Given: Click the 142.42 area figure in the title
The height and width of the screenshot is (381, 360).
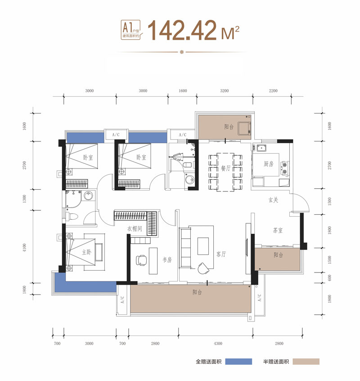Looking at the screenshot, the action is (x=182, y=30).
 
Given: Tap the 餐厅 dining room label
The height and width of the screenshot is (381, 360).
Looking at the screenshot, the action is (x=225, y=168).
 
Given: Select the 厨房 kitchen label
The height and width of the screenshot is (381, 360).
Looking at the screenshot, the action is (x=269, y=164).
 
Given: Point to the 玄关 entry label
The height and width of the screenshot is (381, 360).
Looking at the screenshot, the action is (x=273, y=200).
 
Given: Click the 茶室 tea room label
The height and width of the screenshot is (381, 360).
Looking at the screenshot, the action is (x=278, y=230).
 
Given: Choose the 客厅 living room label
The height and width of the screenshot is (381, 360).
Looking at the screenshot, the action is (x=221, y=254).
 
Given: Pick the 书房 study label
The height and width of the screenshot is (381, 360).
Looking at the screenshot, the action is (x=167, y=260).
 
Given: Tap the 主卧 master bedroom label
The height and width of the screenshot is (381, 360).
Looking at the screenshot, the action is (x=86, y=252).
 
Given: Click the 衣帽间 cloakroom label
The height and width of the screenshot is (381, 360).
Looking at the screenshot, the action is (x=135, y=229).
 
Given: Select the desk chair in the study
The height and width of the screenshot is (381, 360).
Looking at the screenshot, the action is (x=141, y=260).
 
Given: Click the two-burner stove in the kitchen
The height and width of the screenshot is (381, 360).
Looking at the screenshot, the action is (x=284, y=168).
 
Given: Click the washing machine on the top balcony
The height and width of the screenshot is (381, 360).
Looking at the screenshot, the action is (x=244, y=128).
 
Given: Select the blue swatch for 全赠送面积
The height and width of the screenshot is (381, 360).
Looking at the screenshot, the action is (x=238, y=362).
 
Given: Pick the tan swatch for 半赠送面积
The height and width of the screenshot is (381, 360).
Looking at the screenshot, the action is (x=306, y=362).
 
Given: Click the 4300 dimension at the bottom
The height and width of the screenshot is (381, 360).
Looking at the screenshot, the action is (x=218, y=343).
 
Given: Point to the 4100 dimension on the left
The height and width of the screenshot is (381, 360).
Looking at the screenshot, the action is (x=24, y=248).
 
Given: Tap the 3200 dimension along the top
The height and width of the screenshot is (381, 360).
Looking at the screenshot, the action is (x=225, y=91).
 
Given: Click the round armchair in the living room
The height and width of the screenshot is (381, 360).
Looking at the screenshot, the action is (x=203, y=268).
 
